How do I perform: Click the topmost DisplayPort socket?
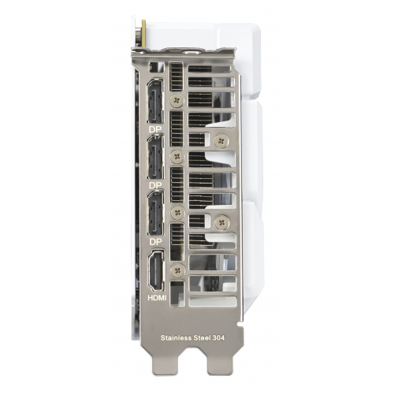155,101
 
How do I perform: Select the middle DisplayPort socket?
155,157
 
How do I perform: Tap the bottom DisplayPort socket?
155,213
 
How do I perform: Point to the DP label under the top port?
155,129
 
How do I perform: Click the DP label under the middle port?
155,185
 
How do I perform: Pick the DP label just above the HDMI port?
155,242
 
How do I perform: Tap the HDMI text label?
157,298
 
